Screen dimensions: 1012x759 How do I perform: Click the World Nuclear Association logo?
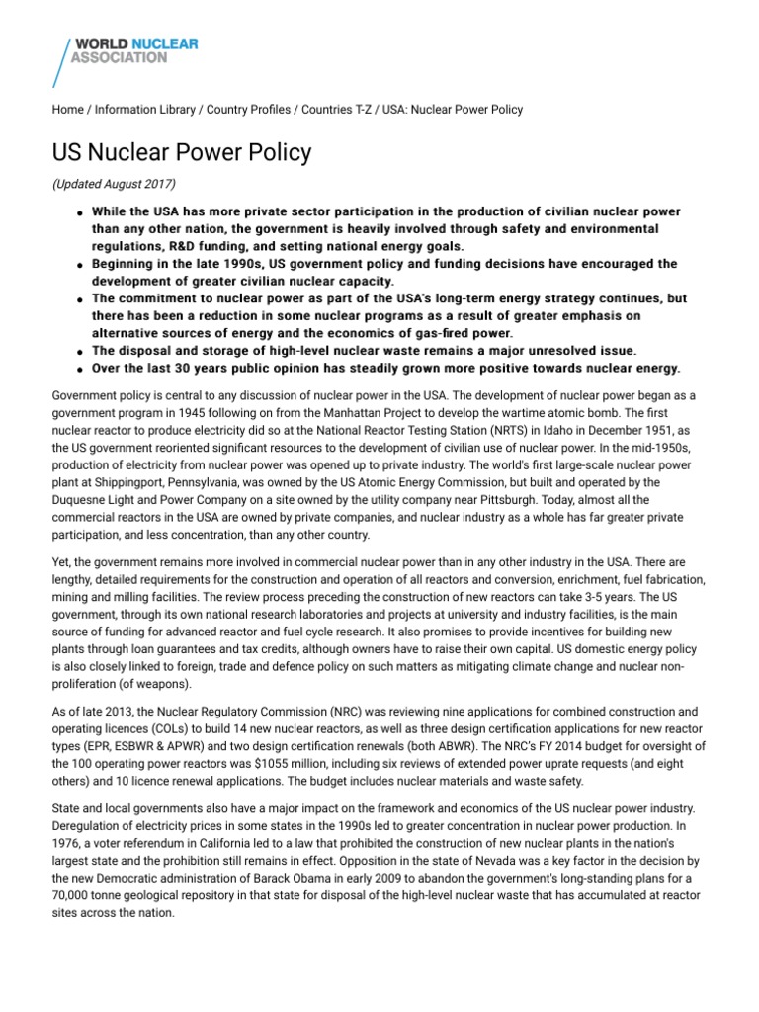[x=126, y=58]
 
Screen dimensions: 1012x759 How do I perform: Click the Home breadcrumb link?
[x=67, y=110]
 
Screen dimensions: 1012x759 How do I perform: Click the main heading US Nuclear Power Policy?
[x=182, y=153]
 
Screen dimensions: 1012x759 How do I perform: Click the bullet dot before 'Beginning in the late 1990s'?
[x=78, y=266]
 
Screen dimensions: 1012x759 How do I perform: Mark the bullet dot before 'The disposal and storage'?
[x=78, y=352]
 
